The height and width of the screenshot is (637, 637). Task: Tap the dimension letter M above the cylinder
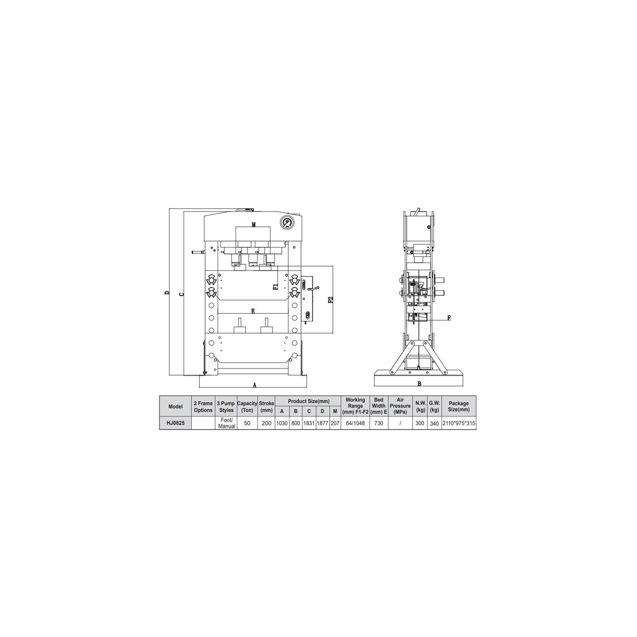tap(254, 224)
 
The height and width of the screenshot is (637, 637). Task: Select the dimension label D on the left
tap(167, 293)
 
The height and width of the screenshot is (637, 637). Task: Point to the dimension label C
tap(181, 294)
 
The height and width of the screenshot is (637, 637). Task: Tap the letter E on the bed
tap(253, 311)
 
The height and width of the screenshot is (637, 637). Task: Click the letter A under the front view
tap(254, 385)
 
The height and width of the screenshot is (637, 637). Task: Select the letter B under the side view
tap(419, 384)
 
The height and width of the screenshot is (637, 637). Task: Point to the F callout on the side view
tap(449, 318)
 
